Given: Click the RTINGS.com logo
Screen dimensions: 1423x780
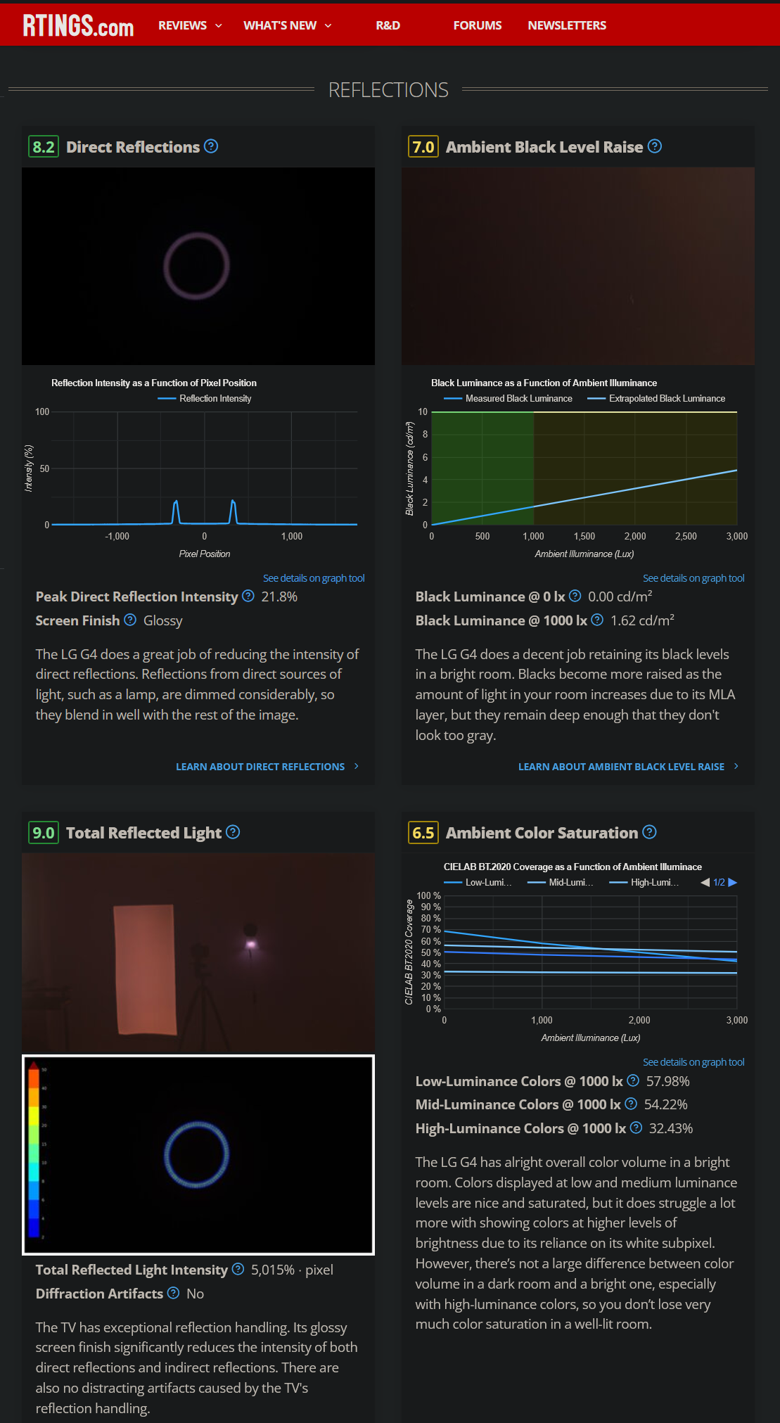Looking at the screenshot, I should (x=78, y=25).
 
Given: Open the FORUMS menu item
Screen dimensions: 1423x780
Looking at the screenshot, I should (x=477, y=25).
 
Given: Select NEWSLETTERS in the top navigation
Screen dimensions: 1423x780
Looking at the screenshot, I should (x=566, y=25).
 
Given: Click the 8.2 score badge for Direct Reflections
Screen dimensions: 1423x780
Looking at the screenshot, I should (x=44, y=147).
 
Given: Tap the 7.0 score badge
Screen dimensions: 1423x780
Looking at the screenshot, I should (x=423, y=147).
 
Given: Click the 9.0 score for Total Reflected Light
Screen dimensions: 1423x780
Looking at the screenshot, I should (x=44, y=833).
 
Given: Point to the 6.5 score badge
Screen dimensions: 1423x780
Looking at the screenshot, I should (x=423, y=833).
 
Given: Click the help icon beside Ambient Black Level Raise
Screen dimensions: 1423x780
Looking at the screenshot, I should (x=655, y=146).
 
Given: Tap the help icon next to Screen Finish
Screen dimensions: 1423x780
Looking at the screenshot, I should (x=130, y=620).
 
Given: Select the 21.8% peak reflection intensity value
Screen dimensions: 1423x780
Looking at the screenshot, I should (x=279, y=597).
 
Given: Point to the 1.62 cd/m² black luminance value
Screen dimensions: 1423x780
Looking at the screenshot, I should (x=642, y=620).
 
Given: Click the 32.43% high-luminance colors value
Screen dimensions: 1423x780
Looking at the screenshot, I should (x=670, y=1128).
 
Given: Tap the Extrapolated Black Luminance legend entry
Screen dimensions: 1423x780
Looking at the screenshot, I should (x=666, y=399).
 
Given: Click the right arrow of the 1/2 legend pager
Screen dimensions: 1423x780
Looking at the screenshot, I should (x=733, y=882).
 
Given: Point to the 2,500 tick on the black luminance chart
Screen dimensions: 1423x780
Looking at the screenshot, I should (x=686, y=536).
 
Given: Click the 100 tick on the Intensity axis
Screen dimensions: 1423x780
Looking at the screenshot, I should (x=42, y=412).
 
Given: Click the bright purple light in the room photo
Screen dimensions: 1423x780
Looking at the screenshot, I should (x=250, y=944).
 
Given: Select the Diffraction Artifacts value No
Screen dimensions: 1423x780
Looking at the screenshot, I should (x=195, y=1294).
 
